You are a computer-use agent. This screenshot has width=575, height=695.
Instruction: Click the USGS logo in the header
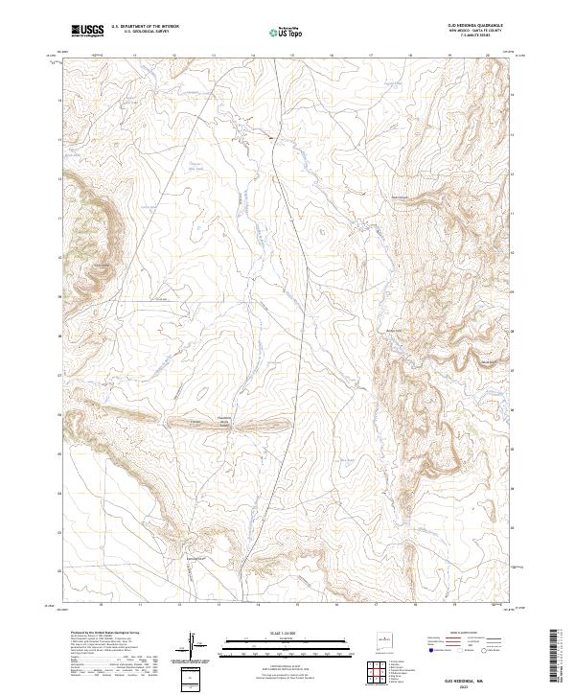(87, 31)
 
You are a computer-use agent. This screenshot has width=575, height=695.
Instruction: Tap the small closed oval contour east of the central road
(321, 230)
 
